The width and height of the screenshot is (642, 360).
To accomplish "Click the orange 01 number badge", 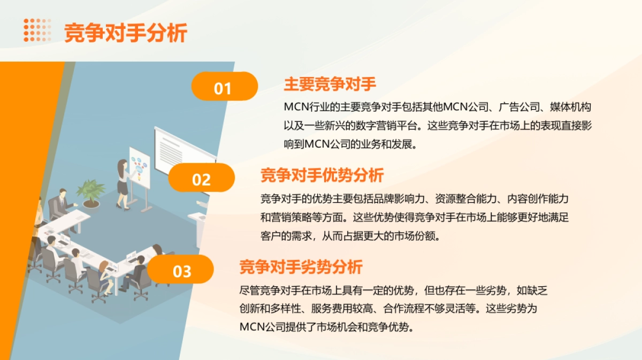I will pyautogui.click(x=224, y=87).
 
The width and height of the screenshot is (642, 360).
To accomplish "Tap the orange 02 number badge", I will pyautogui.click(x=202, y=178).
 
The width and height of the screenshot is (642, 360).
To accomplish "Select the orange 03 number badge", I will pyautogui.click(x=181, y=270).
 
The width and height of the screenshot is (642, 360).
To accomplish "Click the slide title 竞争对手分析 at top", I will pyautogui.click(x=126, y=33).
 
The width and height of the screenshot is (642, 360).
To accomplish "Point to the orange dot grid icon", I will pyautogui.click(x=37, y=30).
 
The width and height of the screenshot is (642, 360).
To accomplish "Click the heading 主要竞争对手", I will pyautogui.click(x=330, y=84).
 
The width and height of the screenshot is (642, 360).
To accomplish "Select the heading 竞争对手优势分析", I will pyautogui.click(x=322, y=175).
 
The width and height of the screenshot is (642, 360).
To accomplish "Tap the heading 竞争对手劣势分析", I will pyautogui.click(x=301, y=266).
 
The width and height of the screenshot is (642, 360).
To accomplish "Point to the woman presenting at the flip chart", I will pyautogui.click(x=123, y=183).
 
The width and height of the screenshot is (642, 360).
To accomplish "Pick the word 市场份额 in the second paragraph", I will pyautogui.click(x=416, y=236).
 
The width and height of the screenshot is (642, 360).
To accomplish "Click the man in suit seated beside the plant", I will pyautogui.click(x=60, y=204).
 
